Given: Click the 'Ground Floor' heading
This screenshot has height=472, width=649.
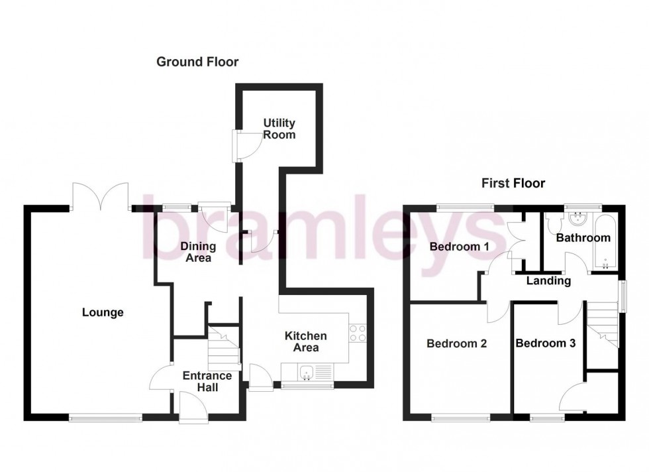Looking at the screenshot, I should (x=197, y=62).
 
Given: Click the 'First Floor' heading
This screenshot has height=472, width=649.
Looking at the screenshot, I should (x=513, y=183).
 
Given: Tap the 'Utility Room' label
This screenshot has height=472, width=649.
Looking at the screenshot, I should (x=279, y=129).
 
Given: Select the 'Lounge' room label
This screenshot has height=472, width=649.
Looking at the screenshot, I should (x=103, y=312).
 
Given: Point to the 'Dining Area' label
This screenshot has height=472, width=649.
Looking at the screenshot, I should (x=198, y=252).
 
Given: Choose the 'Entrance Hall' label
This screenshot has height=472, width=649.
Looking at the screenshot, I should (x=207, y=381).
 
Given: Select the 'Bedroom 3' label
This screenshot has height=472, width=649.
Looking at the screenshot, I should (x=545, y=343).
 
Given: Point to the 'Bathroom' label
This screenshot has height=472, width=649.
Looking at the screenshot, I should (x=583, y=237).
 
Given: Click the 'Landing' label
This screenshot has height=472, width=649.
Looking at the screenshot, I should (x=548, y=281).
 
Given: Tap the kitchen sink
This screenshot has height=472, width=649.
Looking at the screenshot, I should (x=307, y=373).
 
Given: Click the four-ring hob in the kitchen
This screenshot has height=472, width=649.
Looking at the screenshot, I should (x=358, y=333).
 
